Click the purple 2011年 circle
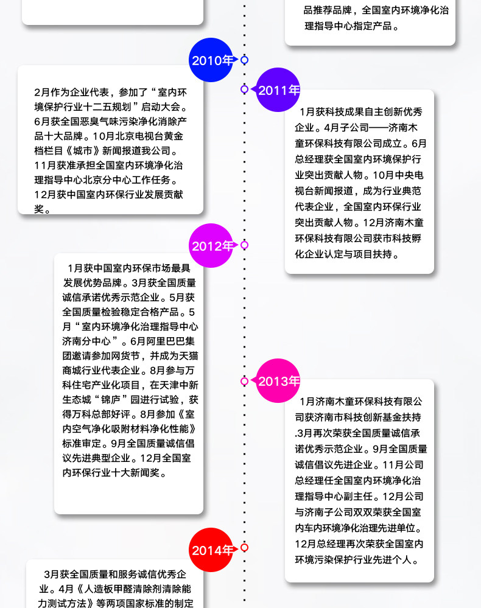coord(278,90)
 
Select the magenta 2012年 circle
coord(211,246)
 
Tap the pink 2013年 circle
coord(278,382)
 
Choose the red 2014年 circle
coord(211,550)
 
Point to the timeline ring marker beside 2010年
coord(245,60)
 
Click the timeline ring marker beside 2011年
coord(245,89)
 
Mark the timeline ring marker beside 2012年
coord(245,245)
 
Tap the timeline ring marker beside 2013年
coord(245,381)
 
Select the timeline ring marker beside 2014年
coord(245,547)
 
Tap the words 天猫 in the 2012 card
coord(186,355)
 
